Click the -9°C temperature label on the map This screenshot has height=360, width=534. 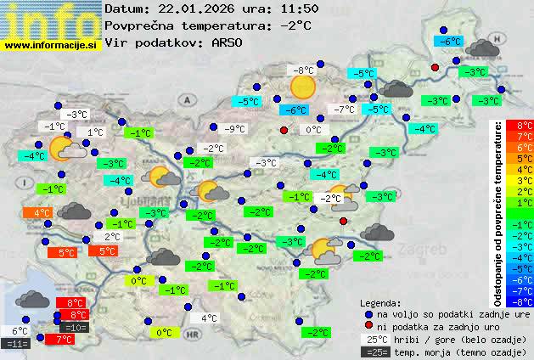click(x=234, y=129)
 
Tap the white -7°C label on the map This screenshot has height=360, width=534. click(x=344, y=110)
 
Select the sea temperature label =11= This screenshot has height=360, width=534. click(x=17, y=344)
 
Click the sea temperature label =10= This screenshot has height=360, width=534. click(x=75, y=327)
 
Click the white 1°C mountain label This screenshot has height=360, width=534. click(x=93, y=132)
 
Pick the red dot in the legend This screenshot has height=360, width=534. click(x=368, y=325)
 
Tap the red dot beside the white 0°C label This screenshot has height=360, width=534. click(x=284, y=130)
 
